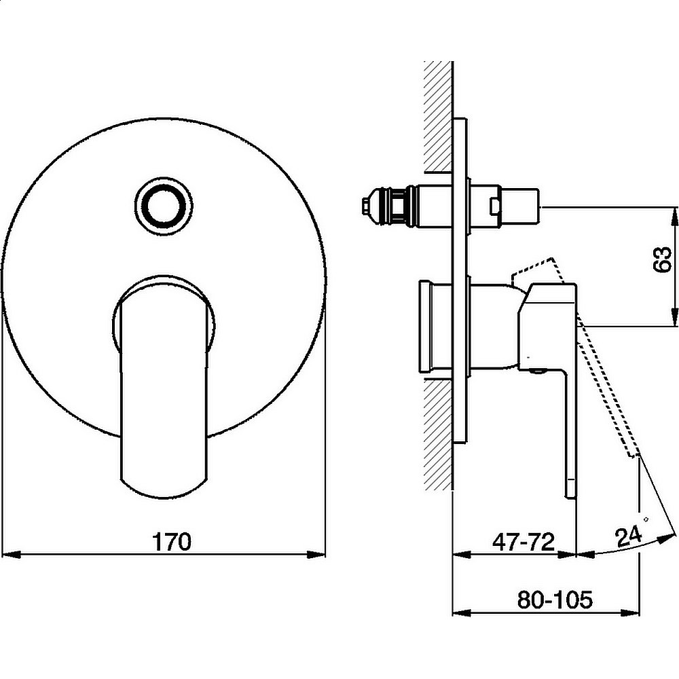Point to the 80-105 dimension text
[x=555, y=600]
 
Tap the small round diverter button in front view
[x=164, y=204]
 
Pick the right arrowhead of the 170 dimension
[x=316, y=554]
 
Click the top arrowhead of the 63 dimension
[x=674, y=217]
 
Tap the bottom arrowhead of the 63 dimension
[x=674, y=316]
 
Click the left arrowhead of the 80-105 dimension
[x=462, y=612]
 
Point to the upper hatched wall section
[x=438, y=116]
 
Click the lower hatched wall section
[x=438, y=433]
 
